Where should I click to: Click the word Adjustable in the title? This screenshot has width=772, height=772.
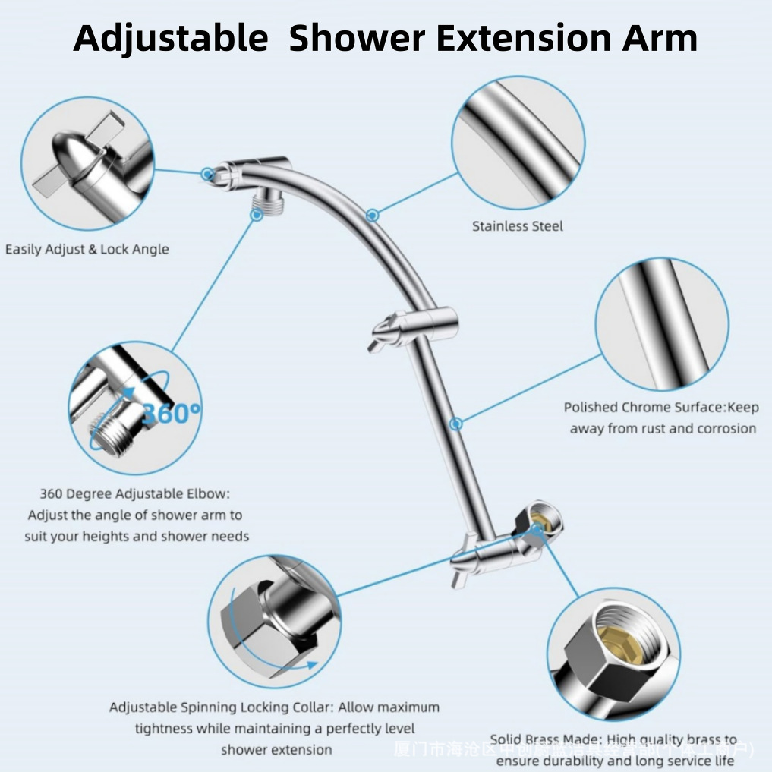(170, 38)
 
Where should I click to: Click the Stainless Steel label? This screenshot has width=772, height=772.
(518, 226)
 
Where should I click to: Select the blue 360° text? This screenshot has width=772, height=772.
(171, 413)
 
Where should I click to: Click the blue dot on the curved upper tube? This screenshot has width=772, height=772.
(372, 216)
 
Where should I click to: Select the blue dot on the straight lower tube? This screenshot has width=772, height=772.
(455, 423)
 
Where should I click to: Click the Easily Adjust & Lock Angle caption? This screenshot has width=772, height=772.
(87, 249)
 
